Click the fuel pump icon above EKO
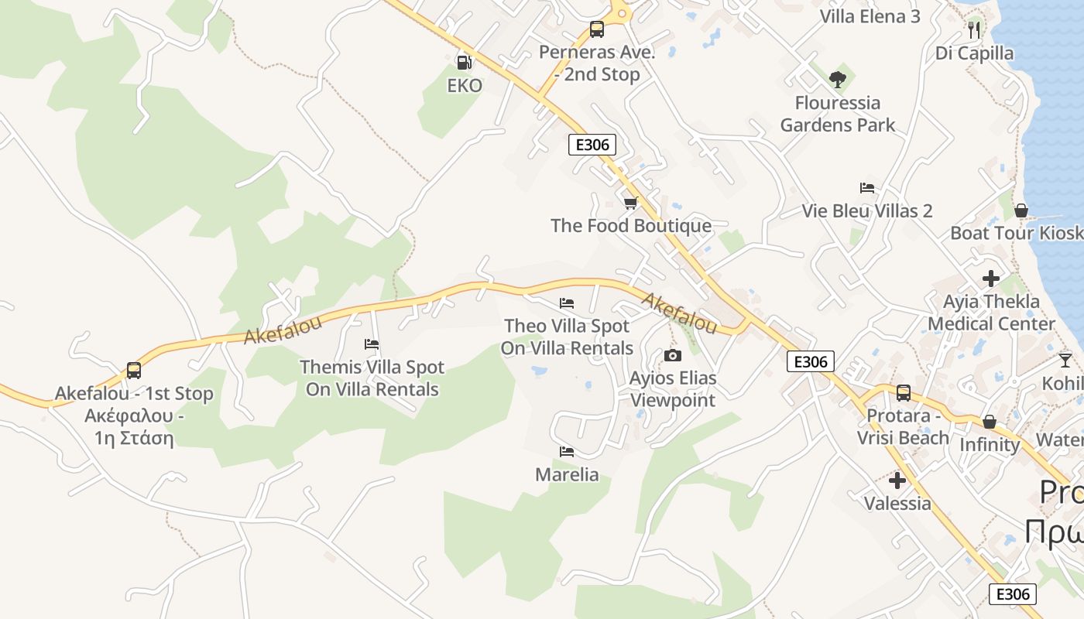coord(464,63)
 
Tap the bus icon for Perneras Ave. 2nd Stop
coord(596,29)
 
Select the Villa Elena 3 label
coord(870,16)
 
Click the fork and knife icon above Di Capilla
coord(974,30)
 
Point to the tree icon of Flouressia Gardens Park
coord(837,79)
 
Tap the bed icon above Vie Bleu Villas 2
coord(867,188)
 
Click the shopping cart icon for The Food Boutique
coord(630,203)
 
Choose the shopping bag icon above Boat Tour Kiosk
coord(1021,210)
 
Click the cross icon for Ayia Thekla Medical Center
coord(991,279)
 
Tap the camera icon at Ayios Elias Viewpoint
coord(673,356)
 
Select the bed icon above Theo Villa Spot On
coord(567,303)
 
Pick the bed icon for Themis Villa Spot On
coord(372,344)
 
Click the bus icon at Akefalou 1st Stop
coord(134,371)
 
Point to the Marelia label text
coord(567,474)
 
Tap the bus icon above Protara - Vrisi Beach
coord(903,393)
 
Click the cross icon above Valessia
coord(897,481)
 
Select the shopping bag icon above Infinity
coord(989,422)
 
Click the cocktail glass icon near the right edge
coord(1065,360)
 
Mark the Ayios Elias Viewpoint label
coord(673,389)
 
